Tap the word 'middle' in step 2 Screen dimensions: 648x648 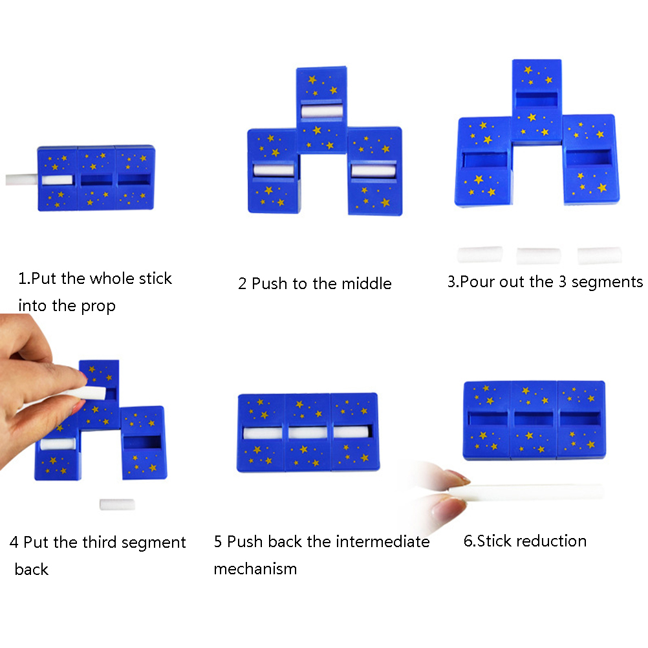click(x=367, y=283)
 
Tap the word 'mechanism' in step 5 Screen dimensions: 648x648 click(x=255, y=568)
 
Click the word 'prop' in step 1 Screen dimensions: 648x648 click(x=98, y=307)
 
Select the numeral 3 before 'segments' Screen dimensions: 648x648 click(x=563, y=282)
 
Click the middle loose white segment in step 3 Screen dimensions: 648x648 click(x=539, y=256)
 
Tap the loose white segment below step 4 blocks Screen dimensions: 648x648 click(x=117, y=504)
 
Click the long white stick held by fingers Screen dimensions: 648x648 click(x=526, y=491)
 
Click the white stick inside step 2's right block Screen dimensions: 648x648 click(x=374, y=171)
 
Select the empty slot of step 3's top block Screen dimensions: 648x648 click(x=536, y=100)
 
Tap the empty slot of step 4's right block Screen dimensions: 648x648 click(x=142, y=442)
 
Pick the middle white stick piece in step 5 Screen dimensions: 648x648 click(x=308, y=433)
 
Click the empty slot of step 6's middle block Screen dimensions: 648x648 click(x=534, y=419)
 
